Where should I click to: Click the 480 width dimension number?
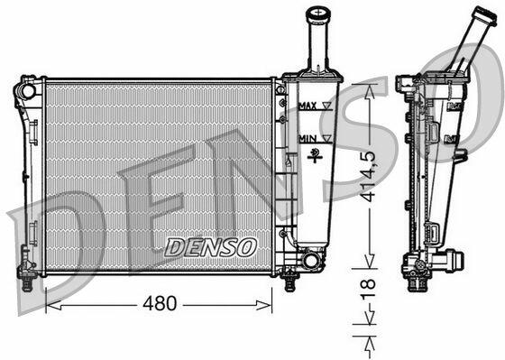(160, 303)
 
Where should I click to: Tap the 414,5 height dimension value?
(368, 176)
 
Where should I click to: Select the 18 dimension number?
(369, 289)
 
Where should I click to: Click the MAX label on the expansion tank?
(308, 106)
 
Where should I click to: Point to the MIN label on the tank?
(308, 139)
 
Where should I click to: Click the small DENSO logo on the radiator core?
(211, 247)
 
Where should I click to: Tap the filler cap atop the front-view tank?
(318, 14)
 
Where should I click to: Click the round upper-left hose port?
(28, 91)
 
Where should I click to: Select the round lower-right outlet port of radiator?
(310, 261)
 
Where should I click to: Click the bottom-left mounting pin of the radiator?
(27, 283)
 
